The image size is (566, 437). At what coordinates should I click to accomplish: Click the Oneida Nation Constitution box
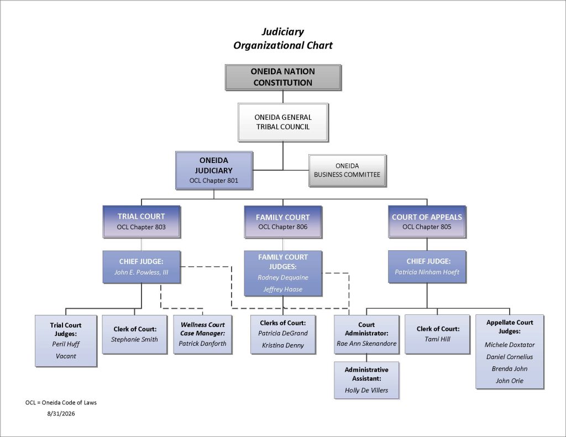point(283,77)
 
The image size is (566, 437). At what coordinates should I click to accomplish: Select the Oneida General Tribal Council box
point(283,122)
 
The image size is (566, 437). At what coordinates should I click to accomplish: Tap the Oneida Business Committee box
point(347,170)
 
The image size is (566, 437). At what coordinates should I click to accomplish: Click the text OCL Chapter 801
point(214,181)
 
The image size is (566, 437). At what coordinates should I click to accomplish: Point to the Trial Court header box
point(141,222)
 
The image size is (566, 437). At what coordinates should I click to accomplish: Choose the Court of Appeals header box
point(427,222)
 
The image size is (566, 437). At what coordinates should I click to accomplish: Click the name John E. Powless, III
point(141,272)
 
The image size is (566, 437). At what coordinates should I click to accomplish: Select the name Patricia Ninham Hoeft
point(427,272)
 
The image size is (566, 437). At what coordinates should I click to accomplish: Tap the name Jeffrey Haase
point(282,289)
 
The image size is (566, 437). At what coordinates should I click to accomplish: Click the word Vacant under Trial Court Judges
point(66,356)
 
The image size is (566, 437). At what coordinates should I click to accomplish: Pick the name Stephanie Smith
point(134,339)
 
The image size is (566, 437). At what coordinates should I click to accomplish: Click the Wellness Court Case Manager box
point(202,334)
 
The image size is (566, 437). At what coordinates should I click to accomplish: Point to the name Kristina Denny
point(283,345)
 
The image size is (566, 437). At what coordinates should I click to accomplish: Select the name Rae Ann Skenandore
point(366,343)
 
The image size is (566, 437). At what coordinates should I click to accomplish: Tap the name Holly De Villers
point(366,390)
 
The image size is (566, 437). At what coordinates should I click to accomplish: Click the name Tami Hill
point(438,339)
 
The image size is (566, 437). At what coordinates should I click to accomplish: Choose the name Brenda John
point(509,368)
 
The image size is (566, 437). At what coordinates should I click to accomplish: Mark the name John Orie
point(509,380)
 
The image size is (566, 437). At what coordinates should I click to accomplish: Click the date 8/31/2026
point(61,414)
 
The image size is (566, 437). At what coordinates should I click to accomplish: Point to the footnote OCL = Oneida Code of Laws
point(61,402)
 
